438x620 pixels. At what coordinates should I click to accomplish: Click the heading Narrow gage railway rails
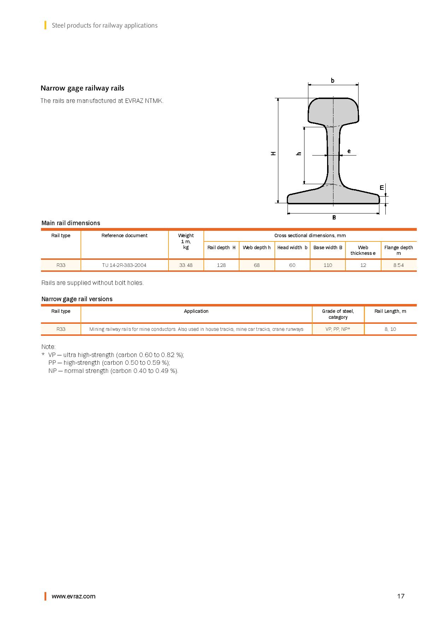(x=82, y=88)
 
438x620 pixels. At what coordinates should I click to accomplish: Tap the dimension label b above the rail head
(x=332, y=81)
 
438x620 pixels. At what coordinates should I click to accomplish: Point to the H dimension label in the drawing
(x=273, y=153)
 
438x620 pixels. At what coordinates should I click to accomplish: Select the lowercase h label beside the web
(x=299, y=153)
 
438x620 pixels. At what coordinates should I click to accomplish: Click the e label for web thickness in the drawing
(x=349, y=151)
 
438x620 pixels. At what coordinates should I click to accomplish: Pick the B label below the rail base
(x=334, y=217)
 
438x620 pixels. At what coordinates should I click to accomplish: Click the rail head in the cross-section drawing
(x=333, y=111)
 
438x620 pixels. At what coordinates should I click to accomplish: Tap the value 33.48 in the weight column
(x=186, y=265)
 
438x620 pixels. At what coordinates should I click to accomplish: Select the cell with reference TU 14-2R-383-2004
(x=124, y=265)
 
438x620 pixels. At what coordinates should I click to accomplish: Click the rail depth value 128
(x=221, y=265)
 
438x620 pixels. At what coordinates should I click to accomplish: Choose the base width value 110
(x=328, y=265)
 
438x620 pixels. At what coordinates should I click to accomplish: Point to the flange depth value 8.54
(x=398, y=265)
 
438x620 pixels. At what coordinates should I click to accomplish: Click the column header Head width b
(x=292, y=247)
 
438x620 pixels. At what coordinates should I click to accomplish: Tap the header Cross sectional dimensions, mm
(x=310, y=235)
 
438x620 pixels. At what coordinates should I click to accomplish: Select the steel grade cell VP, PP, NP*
(x=338, y=329)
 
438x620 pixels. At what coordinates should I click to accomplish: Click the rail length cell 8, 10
(x=390, y=329)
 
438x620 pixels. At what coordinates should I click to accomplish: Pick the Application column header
(x=196, y=311)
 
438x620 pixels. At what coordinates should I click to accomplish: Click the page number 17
(x=401, y=596)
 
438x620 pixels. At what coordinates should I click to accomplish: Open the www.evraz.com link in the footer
(x=73, y=596)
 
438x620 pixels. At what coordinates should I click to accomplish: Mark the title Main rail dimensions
(x=71, y=223)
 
